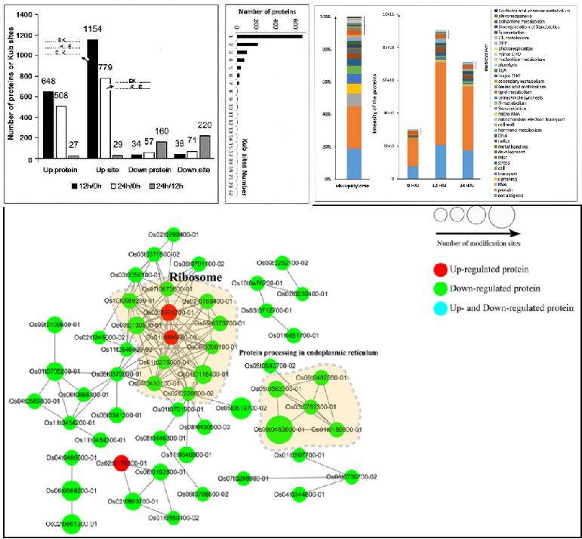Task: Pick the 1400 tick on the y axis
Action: click(26, 15)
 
